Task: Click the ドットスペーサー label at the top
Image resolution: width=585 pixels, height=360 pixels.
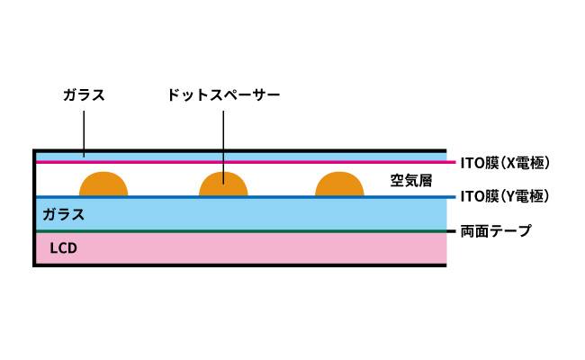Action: [223, 95]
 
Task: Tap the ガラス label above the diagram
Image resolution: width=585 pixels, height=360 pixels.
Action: [84, 95]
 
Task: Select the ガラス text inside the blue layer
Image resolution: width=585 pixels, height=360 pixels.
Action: [63, 214]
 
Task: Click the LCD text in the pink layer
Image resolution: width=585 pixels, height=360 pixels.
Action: [63, 248]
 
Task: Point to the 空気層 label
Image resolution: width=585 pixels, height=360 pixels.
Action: [411, 181]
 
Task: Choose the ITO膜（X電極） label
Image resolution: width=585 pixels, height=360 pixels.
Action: [505, 163]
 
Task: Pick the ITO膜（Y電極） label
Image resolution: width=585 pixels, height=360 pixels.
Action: [505, 196]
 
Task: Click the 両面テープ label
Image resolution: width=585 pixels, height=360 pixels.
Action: [496, 231]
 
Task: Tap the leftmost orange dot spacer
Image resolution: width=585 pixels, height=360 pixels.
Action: [103, 184]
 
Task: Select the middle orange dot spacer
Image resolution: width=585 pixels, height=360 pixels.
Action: [223, 184]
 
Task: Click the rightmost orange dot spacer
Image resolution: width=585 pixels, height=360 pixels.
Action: [339, 184]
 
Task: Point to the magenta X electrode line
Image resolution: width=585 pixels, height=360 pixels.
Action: [246, 162]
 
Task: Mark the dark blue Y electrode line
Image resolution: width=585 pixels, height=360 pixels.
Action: [246, 197]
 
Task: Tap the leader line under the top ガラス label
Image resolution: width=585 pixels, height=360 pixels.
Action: [84, 133]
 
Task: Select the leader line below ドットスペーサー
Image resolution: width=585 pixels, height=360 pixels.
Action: [223, 148]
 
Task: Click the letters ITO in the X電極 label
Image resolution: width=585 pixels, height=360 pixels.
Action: [472, 163]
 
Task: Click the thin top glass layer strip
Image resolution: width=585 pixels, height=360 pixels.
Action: [241, 157]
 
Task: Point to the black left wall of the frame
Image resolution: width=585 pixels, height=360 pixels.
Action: [34, 208]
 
